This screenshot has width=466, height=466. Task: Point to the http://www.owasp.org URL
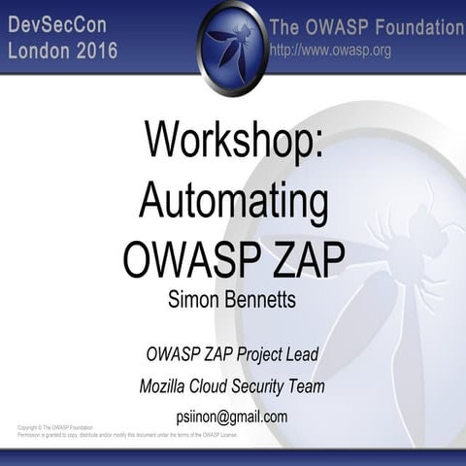pos(330,50)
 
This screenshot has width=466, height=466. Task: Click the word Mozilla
pos(167,386)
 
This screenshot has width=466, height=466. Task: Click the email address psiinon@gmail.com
pos(232,416)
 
